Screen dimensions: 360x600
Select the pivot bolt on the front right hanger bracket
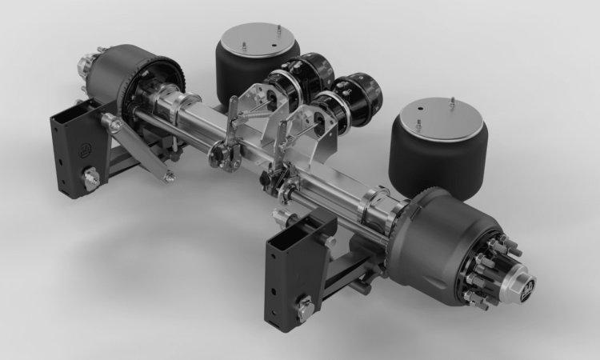[x=303, y=307]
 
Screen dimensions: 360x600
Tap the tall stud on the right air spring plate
[x=453, y=102]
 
